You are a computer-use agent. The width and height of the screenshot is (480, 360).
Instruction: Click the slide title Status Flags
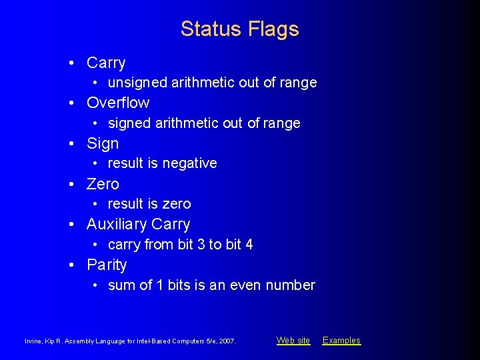pyautogui.click(x=239, y=29)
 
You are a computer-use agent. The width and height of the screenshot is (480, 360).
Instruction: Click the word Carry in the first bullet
pyautogui.click(x=106, y=63)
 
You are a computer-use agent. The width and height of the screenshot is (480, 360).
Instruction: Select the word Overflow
pyautogui.click(x=118, y=103)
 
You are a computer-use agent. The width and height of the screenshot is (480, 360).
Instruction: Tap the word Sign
pyautogui.click(x=103, y=143)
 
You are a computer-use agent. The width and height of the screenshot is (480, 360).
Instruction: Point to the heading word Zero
pyautogui.click(x=103, y=184)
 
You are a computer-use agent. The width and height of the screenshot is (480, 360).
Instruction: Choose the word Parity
pyautogui.click(x=107, y=265)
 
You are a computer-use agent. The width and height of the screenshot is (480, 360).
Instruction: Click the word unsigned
pyautogui.click(x=137, y=83)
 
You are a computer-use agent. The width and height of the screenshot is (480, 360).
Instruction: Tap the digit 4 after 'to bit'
pyautogui.click(x=249, y=245)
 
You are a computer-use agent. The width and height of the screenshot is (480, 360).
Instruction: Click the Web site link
pyautogui.click(x=293, y=341)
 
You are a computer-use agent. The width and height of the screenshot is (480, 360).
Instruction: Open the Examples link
pyautogui.click(x=341, y=341)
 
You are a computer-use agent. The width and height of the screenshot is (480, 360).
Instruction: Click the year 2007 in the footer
pyautogui.click(x=227, y=341)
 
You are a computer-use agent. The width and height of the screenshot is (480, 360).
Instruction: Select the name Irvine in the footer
pyautogui.click(x=32, y=341)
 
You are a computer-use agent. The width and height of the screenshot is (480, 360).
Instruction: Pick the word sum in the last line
pyautogui.click(x=119, y=285)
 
